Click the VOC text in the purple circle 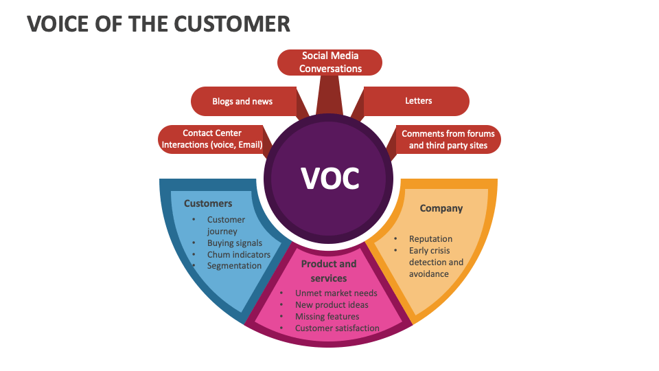tap(330, 178)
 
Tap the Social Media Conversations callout tap(330, 63)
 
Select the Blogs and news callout tap(242, 101)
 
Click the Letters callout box tap(418, 101)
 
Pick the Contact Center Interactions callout tap(212, 139)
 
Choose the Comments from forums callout tap(448, 139)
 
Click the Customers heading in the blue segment tap(208, 203)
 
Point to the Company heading tap(441, 208)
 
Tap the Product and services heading tap(329, 271)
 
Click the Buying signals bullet tap(235, 243)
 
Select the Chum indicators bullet tap(239, 254)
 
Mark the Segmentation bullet tap(234, 266)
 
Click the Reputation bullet tap(430, 239)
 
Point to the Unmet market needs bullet tap(336, 293)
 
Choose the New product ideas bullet tap(332, 305)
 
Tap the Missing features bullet tap(327, 317)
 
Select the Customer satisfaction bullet tap(337, 328)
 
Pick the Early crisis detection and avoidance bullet tap(436, 262)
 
